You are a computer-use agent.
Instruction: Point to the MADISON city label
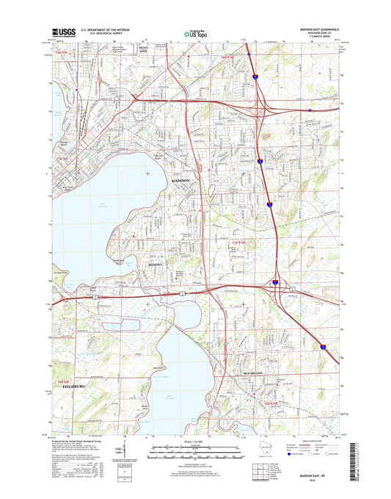[185, 180]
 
